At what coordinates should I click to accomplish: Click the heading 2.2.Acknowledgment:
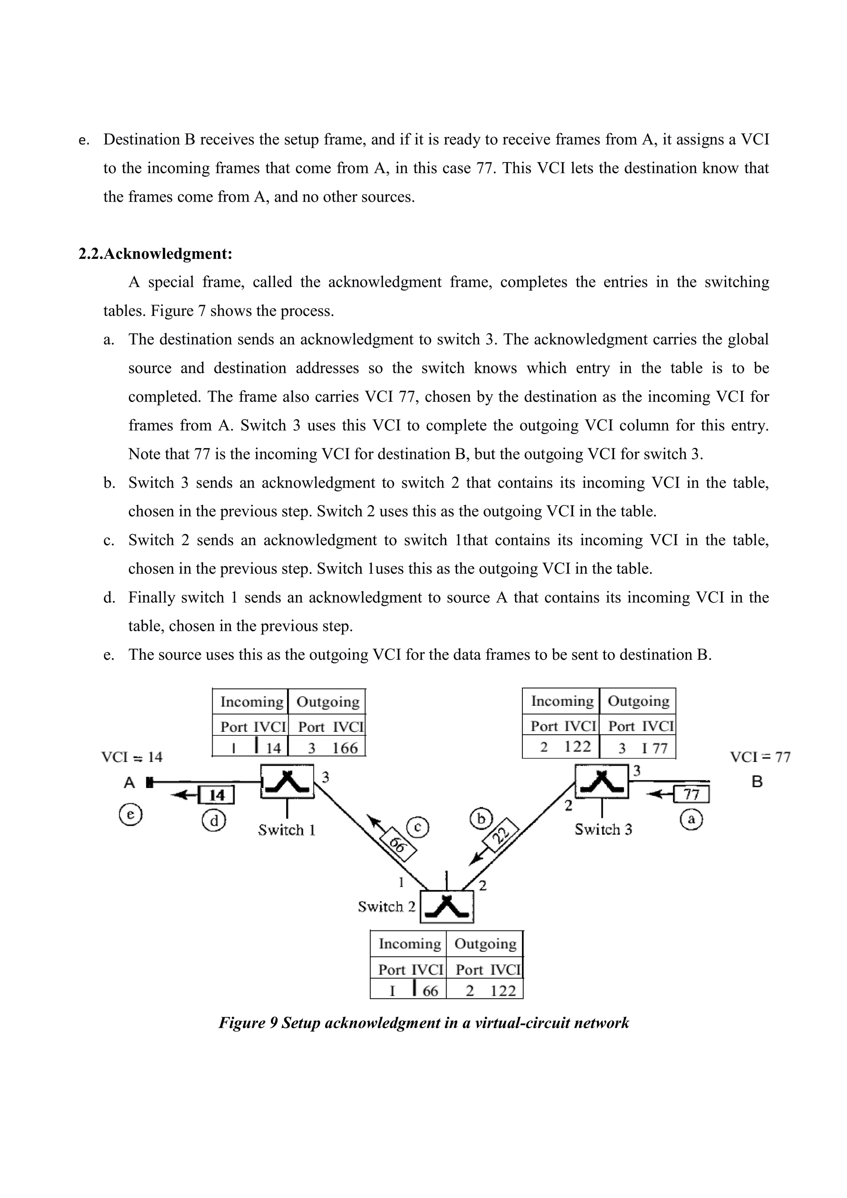155,254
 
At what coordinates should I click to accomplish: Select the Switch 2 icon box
447,907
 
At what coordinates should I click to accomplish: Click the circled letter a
691,820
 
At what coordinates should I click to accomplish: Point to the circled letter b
481,819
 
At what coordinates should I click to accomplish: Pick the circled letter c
418,827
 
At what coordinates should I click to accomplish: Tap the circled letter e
130,814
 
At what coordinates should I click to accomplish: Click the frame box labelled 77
691,794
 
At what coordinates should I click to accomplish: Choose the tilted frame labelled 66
398,844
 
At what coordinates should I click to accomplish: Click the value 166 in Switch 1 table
345,748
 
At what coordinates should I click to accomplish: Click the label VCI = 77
760,757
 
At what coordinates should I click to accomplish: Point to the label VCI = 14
132,757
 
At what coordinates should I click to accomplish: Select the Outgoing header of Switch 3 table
638,701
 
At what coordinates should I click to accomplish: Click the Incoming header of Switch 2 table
410,943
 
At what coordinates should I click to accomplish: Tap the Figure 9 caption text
423,1022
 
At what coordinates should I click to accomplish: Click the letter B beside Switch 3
757,782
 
